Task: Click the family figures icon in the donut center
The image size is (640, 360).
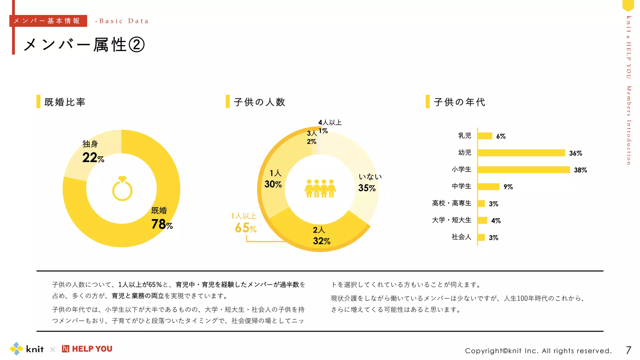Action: pyautogui.click(x=320, y=188)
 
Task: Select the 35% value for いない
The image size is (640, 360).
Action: pyautogui.click(x=367, y=188)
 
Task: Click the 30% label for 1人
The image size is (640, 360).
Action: pyautogui.click(x=273, y=184)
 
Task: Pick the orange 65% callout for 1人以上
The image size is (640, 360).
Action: pyautogui.click(x=245, y=228)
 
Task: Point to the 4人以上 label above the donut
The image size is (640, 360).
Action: pyautogui.click(x=330, y=122)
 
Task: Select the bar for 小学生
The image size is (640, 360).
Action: pyautogui.click(x=523, y=170)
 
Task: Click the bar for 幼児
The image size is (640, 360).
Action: pyautogui.click(x=521, y=153)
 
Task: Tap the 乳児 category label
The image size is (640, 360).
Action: pyautogui.click(x=464, y=136)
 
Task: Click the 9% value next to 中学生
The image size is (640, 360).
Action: pyautogui.click(x=508, y=187)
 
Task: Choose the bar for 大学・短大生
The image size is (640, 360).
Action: pyautogui.click(x=482, y=220)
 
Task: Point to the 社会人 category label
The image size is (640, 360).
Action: pyautogui.click(x=461, y=237)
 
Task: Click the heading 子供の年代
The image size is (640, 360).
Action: pyautogui.click(x=459, y=102)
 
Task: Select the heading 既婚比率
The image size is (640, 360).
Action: pyautogui.click(x=65, y=102)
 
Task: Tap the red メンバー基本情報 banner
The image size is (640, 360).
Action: pyautogui.click(x=48, y=21)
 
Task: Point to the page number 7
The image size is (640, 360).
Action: pyautogui.click(x=628, y=350)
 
